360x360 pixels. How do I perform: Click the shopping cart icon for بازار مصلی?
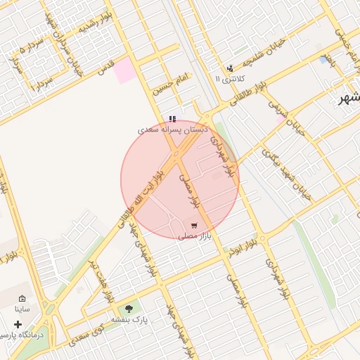coord(193,226)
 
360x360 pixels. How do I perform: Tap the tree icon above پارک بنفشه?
coord(128,308)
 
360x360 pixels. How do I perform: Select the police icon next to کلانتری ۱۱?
coord(230,68)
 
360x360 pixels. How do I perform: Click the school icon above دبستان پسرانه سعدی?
coord(172,120)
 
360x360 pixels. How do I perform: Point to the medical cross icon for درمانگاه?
coord(18,325)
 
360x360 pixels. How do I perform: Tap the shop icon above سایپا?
coord(22,298)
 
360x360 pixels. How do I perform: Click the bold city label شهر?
coord(348,98)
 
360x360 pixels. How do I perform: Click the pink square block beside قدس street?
coord(125,71)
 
